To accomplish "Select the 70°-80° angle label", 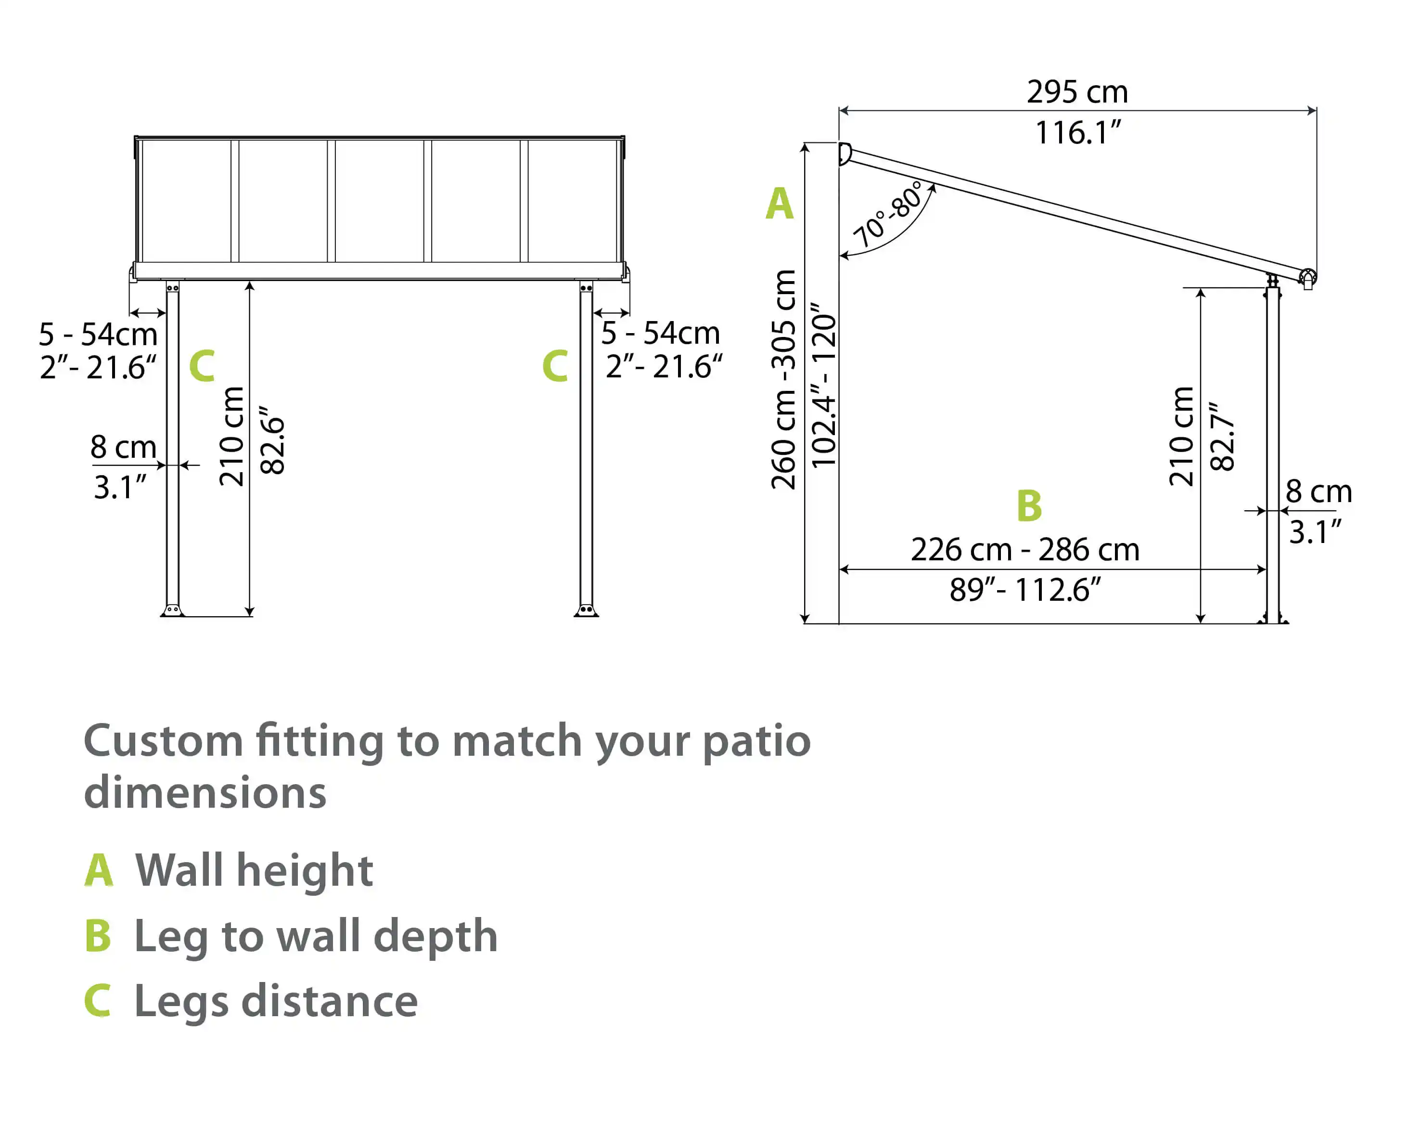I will coord(888,215).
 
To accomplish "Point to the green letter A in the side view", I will coord(779,204).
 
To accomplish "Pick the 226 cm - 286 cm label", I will coord(1025,550).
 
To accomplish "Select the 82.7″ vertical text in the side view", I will coord(1223,436).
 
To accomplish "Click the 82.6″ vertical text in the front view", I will coord(272,439).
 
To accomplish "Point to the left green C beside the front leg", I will coord(202,366).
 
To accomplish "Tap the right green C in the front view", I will coord(555,366).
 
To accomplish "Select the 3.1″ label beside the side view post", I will coord(1315,532).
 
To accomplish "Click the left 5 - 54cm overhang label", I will coord(98,334).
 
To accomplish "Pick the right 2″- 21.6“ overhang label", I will coord(664,366).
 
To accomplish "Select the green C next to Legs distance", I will coord(98,1001).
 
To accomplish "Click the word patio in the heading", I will coord(756,741).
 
